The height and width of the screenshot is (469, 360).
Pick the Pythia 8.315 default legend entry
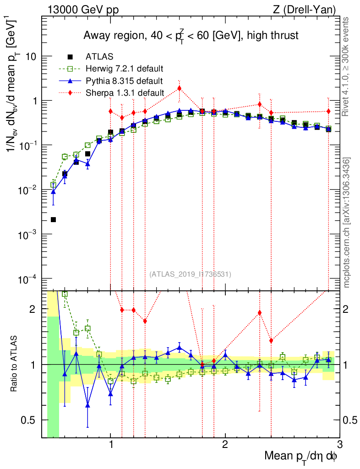124,81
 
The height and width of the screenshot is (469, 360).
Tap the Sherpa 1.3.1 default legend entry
124,93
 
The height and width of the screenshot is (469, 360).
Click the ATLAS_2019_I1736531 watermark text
190,274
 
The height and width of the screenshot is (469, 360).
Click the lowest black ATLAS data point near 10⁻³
54,220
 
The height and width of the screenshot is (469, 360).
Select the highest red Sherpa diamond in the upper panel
180,88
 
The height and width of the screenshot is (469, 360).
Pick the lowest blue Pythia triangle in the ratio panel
88,405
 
